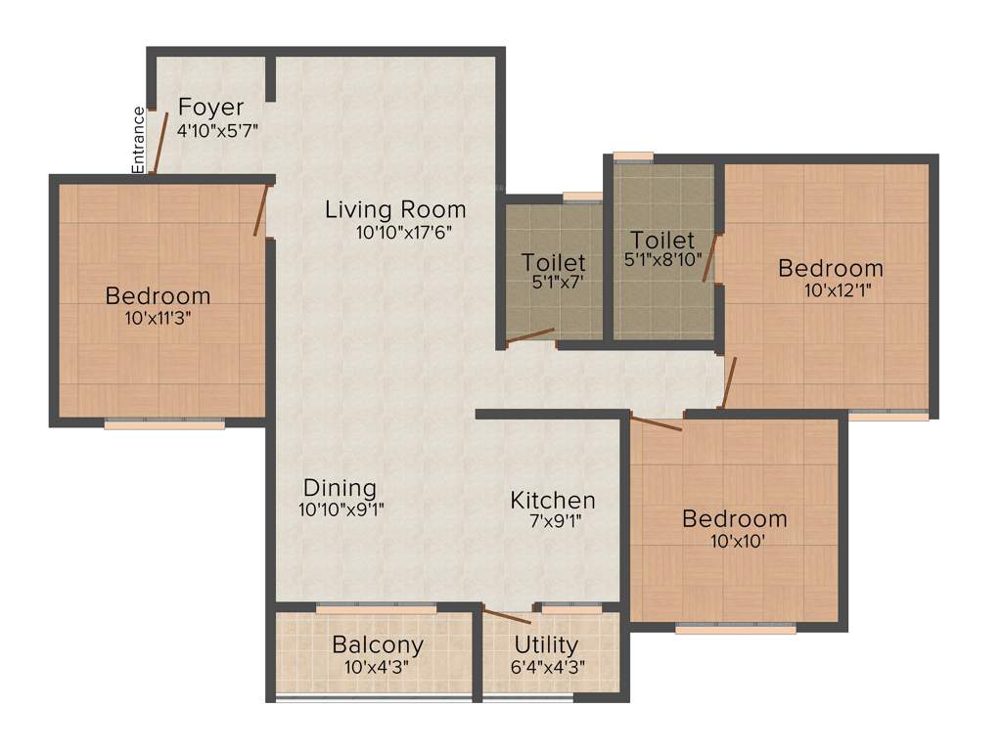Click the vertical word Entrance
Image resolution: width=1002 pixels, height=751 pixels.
pyautogui.click(x=139, y=140)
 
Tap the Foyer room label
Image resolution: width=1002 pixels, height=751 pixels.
pyautogui.click(x=210, y=108)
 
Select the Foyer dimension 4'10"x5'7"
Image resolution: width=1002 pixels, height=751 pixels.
pyautogui.click(x=217, y=130)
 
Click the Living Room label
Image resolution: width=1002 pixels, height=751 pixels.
pyautogui.click(x=395, y=209)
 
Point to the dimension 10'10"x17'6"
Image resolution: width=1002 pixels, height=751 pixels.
pyautogui.click(x=404, y=233)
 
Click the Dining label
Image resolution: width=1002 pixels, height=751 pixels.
pyautogui.click(x=340, y=487)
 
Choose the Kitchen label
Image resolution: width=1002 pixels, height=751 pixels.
pyautogui.click(x=553, y=501)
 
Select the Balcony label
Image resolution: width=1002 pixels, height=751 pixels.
pyautogui.click(x=378, y=645)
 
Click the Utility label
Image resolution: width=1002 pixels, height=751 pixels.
pyautogui.click(x=546, y=645)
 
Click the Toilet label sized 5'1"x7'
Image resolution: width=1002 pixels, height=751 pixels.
pyautogui.click(x=554, y=262)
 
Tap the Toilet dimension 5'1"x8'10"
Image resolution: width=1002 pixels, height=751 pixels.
pyautogui.click(x=662, y=261)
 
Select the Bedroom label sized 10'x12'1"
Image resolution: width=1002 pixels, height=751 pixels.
pyautogui.click(x=831, y=268)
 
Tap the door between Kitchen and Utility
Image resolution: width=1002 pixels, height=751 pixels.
pyautogui.click(x=508, y=617)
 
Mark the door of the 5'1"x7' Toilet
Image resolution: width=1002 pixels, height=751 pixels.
pyautogui.click(x=529, y=336)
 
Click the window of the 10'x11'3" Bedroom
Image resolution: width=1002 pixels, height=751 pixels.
pyautogui.click(x=164, y=424)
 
